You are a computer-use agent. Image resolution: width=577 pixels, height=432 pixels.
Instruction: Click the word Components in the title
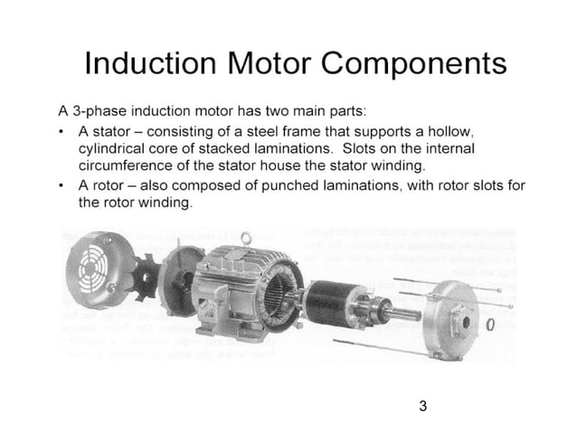point(417,65)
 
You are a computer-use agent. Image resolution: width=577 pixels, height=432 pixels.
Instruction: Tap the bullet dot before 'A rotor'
point(59,186)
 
